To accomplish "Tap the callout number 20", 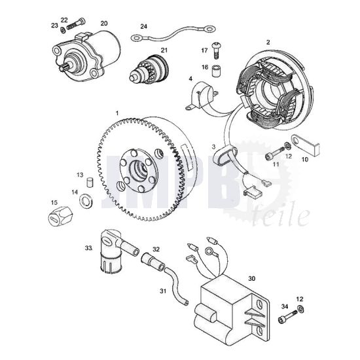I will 103,24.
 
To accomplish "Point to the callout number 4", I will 190,79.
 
